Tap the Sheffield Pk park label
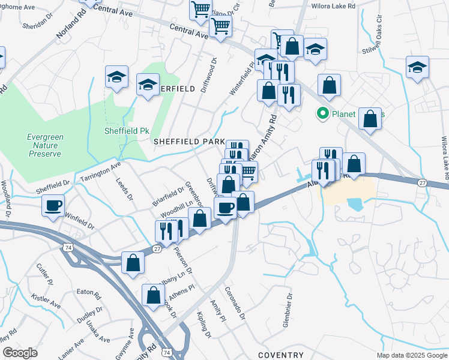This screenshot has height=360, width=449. pos(126,130)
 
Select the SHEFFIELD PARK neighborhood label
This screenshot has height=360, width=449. pos(188,142)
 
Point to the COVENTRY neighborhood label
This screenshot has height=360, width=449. pos(281,355)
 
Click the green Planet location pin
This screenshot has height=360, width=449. pos(322,113)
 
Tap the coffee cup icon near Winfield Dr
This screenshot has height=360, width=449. pos(53,206)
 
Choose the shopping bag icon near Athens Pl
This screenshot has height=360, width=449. pos(154,295)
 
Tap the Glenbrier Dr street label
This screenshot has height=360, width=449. pos(286,310)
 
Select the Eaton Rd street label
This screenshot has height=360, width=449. pos(88,292)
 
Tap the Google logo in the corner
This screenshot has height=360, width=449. pos(20,353)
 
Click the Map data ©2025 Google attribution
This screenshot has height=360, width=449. pos(411,355)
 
